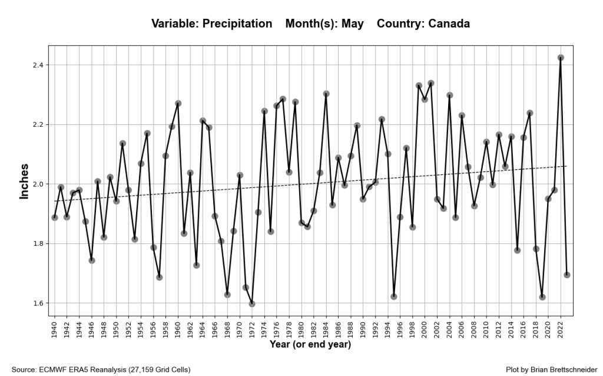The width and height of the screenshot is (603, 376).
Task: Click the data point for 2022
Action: [x=561, y=58]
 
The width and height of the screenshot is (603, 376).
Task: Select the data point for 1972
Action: [x=252, y=304]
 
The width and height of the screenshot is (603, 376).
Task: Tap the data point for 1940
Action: [x=55, y=217]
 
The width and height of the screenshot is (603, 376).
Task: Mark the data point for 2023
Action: [x=567, y=275]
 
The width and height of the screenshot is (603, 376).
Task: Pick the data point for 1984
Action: [x=326, y=94]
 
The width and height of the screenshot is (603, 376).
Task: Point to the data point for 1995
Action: [x=394, y=296]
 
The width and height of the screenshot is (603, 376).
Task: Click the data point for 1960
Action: [x=178, y=103]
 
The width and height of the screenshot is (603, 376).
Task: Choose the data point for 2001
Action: [x=431, y=83]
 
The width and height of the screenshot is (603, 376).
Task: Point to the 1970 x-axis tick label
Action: [x=240, y=326]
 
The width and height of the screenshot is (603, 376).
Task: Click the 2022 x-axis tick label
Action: [x=561, y=326]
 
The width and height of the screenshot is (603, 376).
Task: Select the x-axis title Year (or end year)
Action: [x=310, y=344]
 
